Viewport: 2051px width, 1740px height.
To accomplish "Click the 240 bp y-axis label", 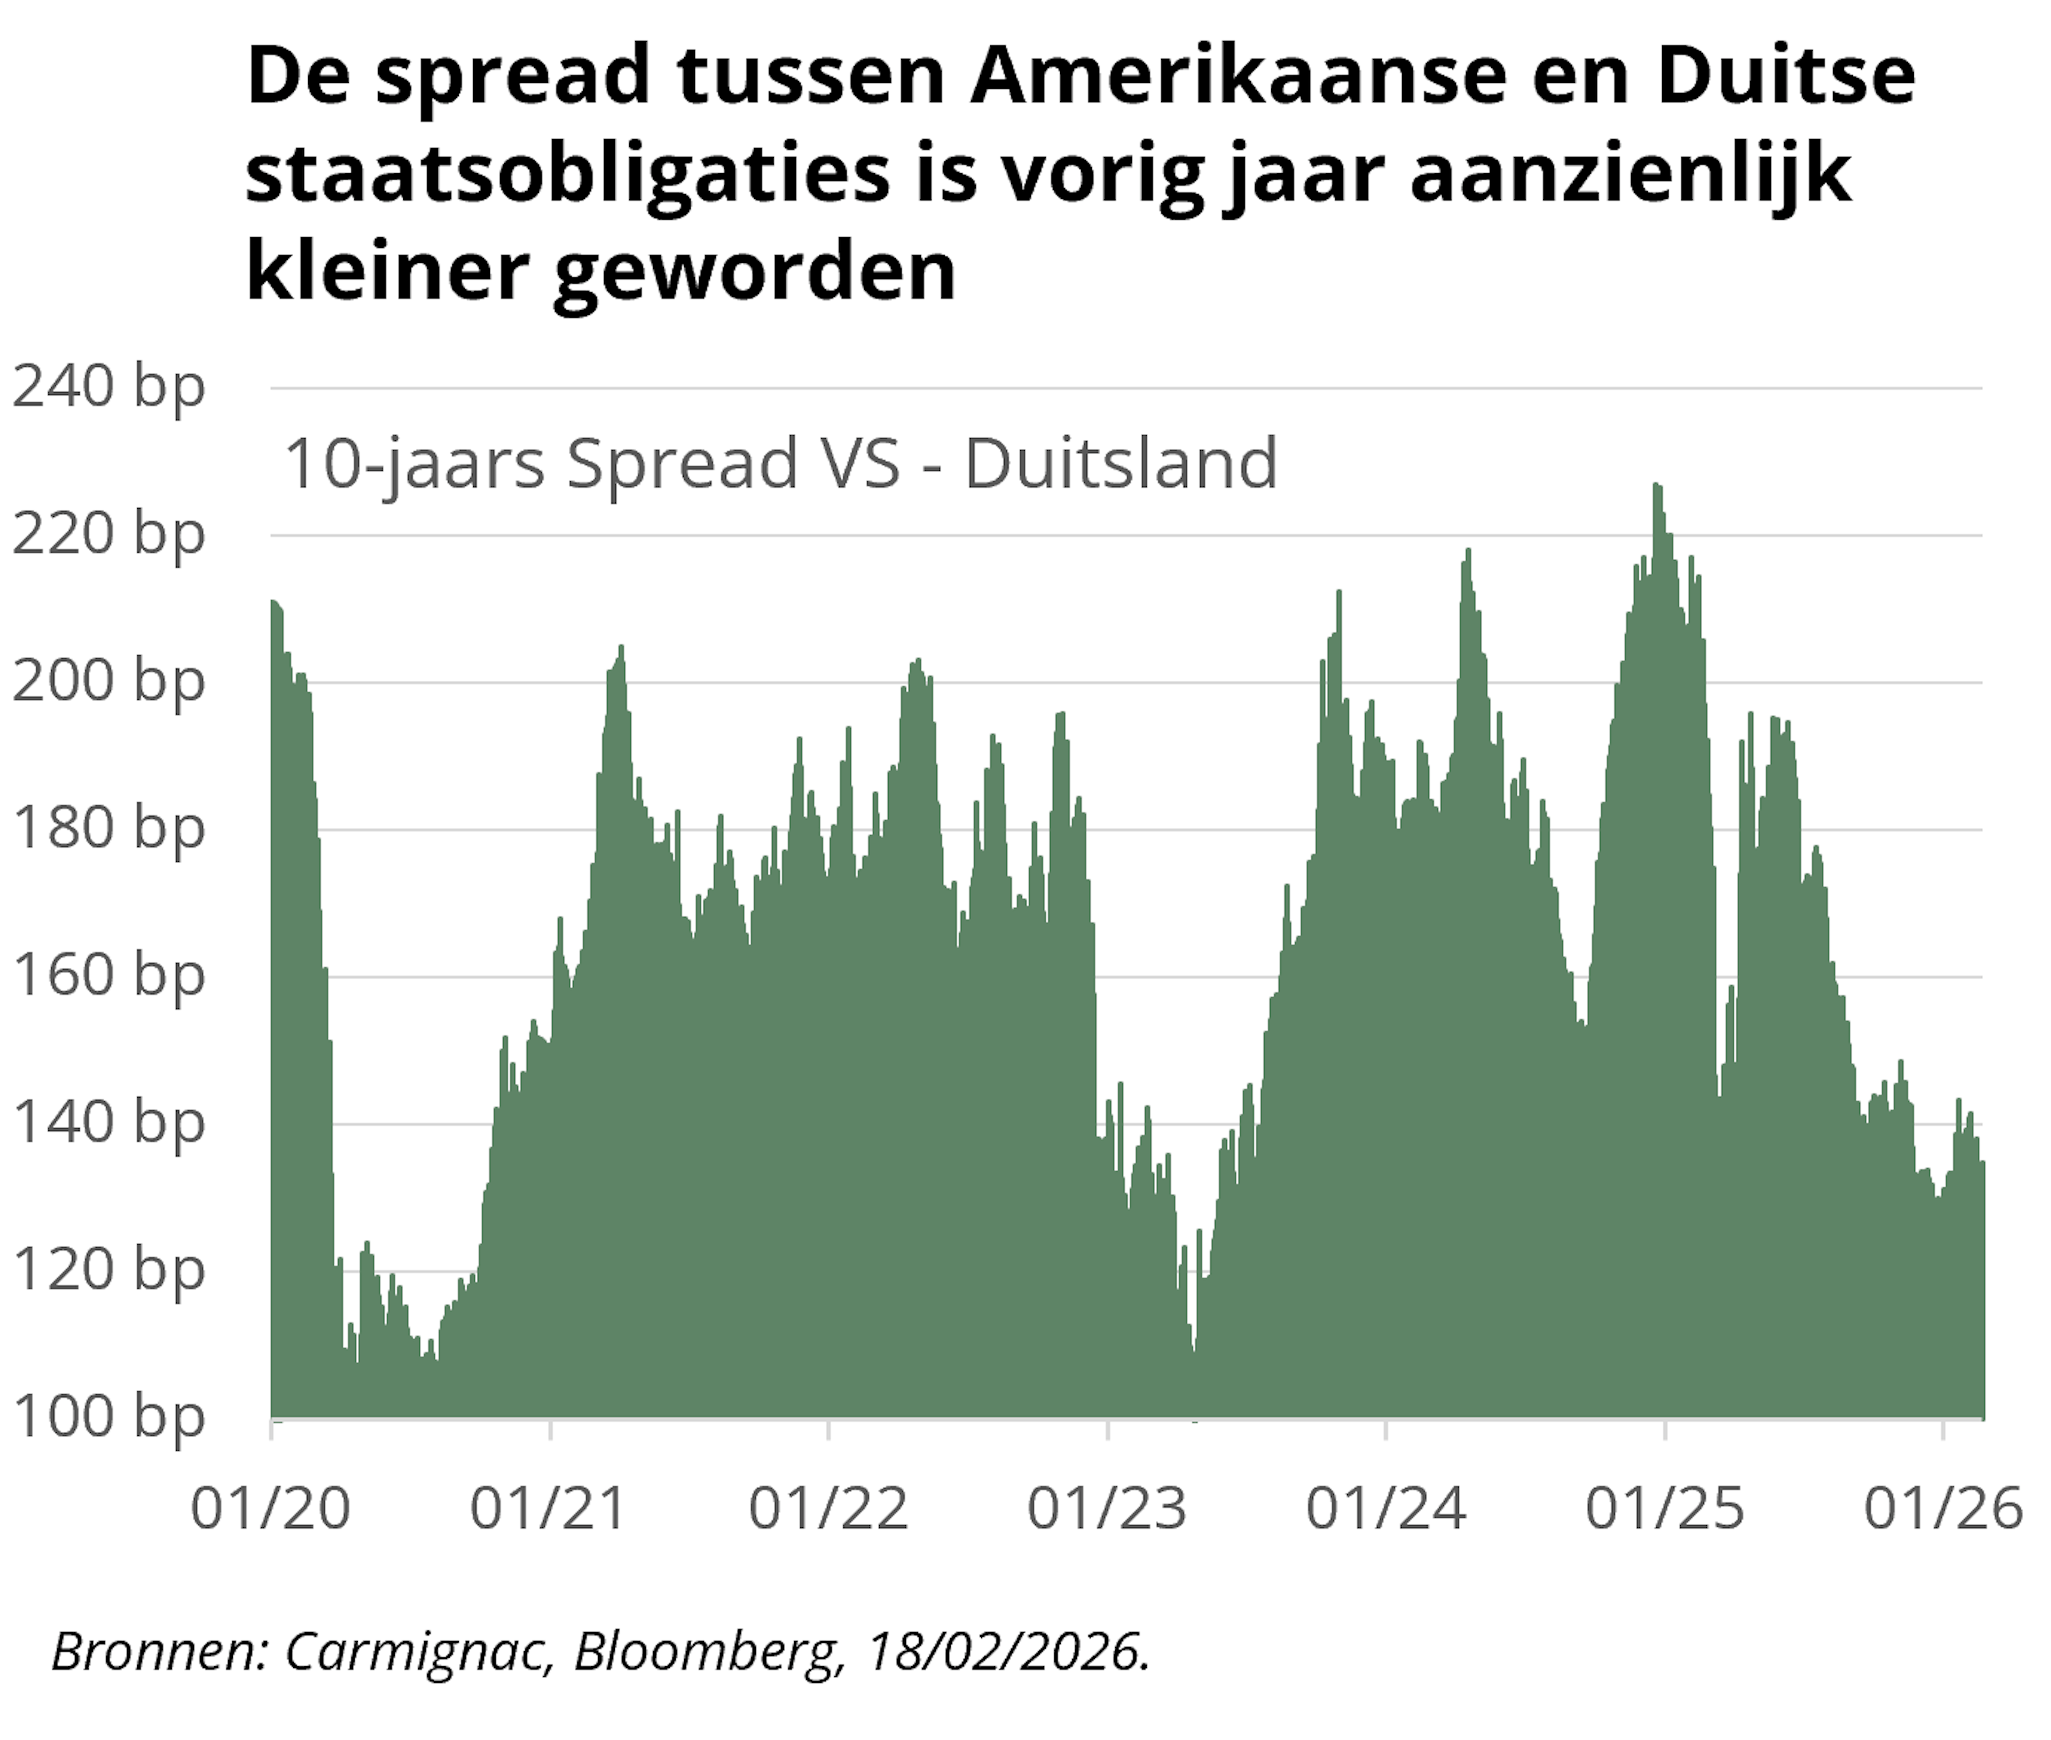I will click(108, 387).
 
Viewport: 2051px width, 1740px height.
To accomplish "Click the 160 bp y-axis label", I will click(108, 976).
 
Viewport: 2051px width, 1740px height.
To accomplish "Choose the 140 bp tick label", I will click(108, 1123).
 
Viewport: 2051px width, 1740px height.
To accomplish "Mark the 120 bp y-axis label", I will click(108, 1270).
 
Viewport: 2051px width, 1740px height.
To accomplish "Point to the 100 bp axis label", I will click(108, 1417).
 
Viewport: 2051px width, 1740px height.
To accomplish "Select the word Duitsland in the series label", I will click(1121, 464).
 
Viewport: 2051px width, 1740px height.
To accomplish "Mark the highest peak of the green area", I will click(1657, 485).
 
